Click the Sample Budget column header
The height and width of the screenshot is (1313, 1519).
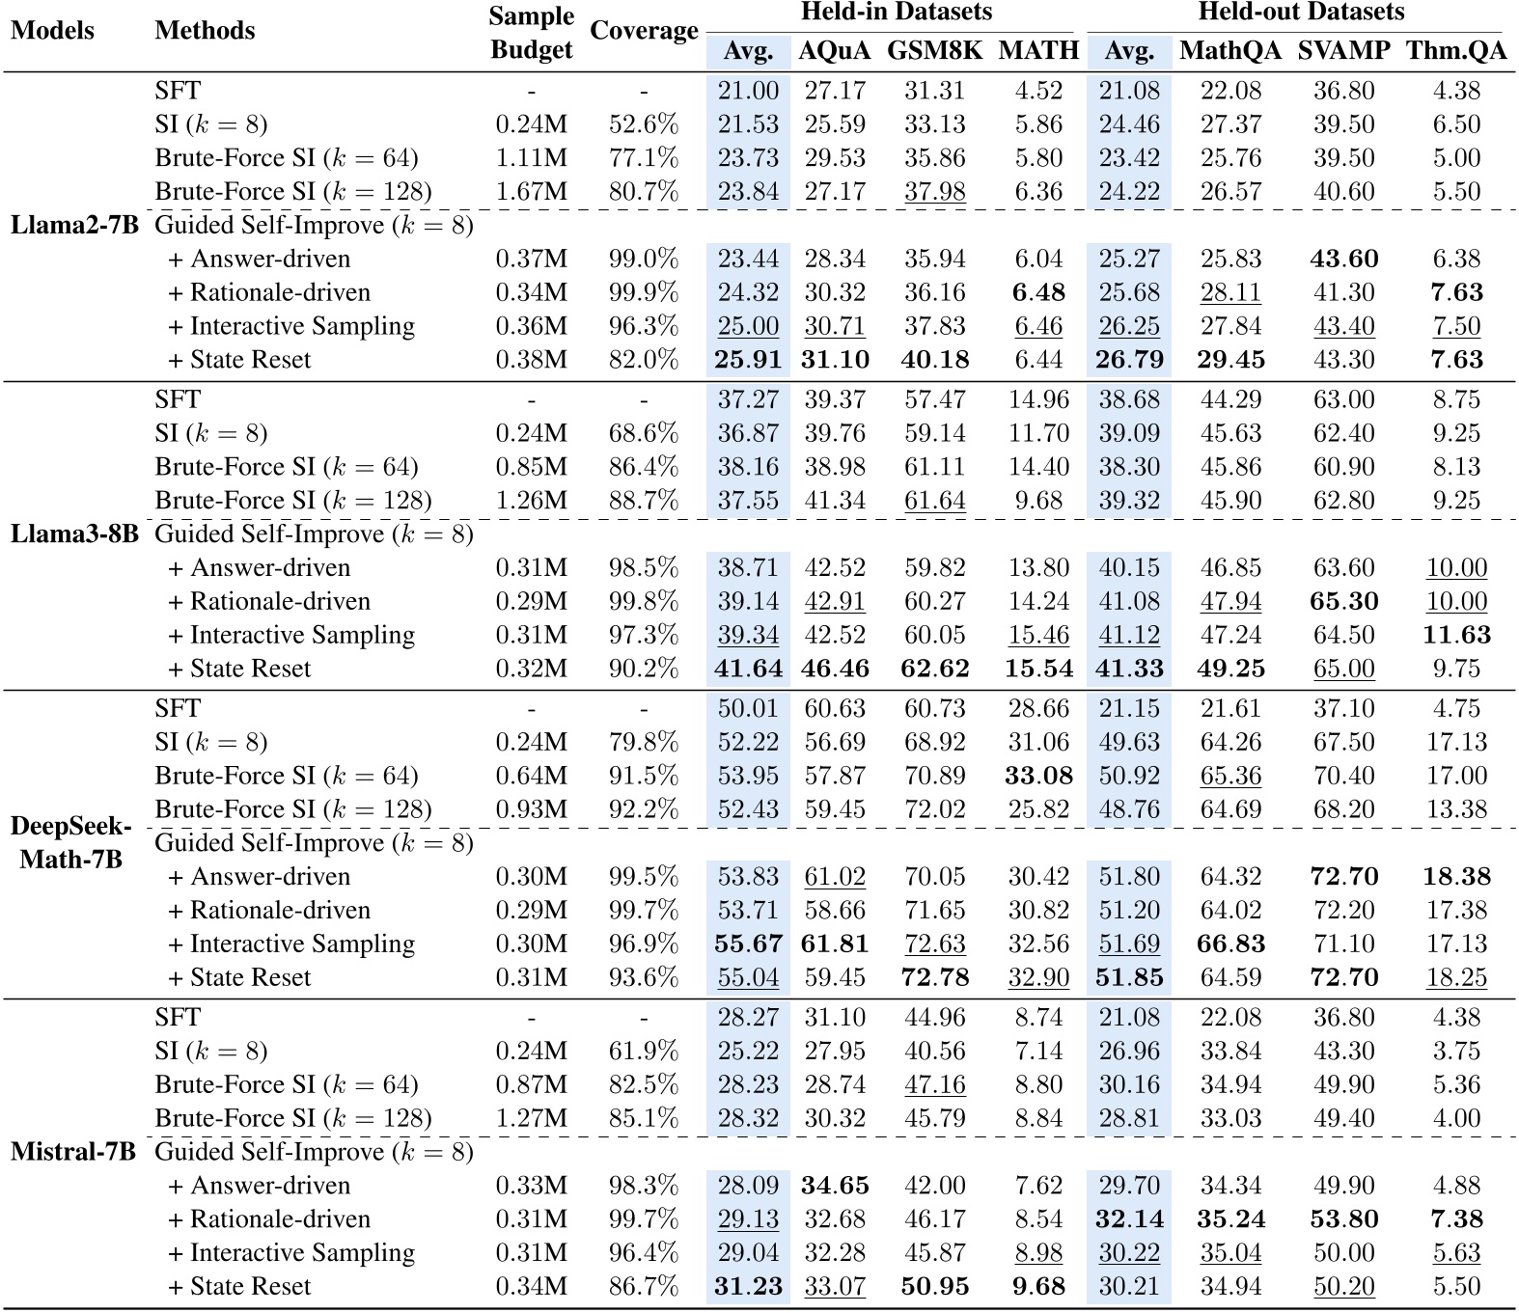pos(531,33)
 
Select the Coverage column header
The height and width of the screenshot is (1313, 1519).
pos(644,31)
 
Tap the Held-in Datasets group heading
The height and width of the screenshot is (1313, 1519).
pos(896,13)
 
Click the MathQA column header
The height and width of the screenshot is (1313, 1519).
pos(1230,51)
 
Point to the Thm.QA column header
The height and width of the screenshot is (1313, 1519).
pos(1455,51)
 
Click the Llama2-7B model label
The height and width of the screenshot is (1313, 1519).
pos(74,226)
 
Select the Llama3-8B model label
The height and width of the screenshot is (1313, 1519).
pos(74,534)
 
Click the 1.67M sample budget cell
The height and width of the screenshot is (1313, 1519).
pos(531,192)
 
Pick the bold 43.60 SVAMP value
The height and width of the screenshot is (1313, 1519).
pos(1343,260)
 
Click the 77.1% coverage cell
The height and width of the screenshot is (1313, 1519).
pos(644,158)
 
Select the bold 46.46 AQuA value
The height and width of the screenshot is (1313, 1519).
pos(835,670)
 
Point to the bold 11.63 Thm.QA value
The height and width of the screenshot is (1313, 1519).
pos(1455,636)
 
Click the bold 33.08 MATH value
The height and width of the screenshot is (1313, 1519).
pos(1038,776)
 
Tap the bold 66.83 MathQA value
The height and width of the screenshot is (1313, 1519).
pos(1230,944)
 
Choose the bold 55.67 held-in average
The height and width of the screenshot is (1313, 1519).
pos(748,944)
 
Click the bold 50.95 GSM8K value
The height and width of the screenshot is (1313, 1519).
pos(934,1287)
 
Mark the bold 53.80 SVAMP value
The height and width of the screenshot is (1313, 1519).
pos(1343,1219)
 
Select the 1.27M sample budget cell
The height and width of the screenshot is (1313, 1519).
pos(531,1118)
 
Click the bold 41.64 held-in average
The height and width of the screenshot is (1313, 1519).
pos(748,670)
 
